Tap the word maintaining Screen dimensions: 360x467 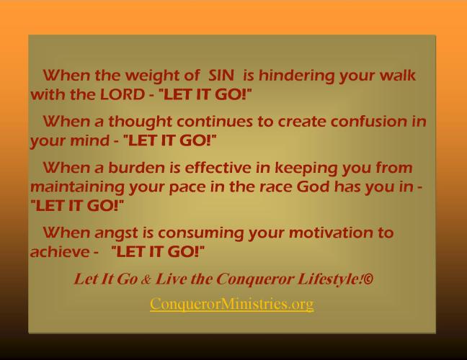[x=71, y=186]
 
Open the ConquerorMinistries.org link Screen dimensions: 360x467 [x=231, y=304]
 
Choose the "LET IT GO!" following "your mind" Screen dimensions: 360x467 [x=170, y=140]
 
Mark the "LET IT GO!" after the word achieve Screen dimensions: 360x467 [x=158, y=252]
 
